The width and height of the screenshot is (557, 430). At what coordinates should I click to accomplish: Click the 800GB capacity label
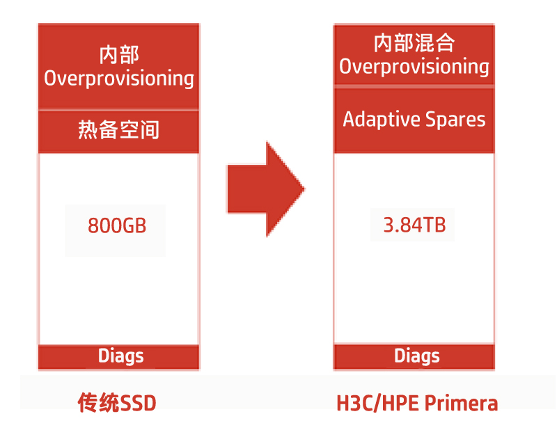click(117, 225)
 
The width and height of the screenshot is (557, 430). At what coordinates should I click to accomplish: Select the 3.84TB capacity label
click(414, 225)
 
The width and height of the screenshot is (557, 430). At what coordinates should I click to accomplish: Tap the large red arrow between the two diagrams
click(266, 189)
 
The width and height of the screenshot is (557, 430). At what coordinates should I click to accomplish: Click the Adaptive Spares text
click(414, 119)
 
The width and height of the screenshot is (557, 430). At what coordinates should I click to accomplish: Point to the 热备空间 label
click(118, 129)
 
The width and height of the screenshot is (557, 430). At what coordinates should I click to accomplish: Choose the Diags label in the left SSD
click(120, 356)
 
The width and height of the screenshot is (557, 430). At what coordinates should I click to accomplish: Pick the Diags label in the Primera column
click(416, 356)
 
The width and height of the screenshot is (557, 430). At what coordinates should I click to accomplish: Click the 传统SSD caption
click(117, 403)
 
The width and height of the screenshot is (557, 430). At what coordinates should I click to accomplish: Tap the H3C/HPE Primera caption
click(417, 404)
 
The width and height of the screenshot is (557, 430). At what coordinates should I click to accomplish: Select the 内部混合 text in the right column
click(414, 43)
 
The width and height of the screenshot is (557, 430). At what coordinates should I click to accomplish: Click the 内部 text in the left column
click(119, 55)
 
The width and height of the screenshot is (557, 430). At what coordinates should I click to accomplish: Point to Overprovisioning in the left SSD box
click(119, 79)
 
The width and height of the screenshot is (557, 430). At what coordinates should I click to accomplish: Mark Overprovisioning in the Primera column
click(414, 67)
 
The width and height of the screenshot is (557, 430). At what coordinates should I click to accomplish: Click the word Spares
click(455, 120)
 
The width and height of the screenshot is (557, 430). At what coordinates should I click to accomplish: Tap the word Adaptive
click(382, 119)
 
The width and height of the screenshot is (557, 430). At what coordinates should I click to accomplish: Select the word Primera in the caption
click(461, 404)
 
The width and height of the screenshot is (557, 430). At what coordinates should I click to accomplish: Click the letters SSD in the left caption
click(138, 404)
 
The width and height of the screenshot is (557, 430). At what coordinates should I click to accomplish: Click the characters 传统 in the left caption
click(99, 403)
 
